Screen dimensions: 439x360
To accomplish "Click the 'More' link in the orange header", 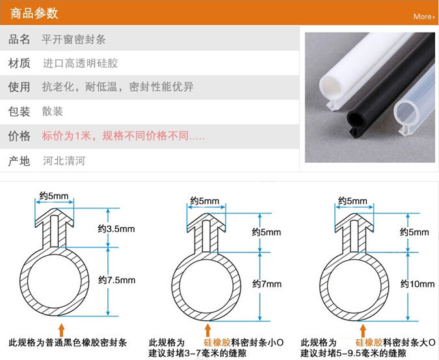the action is pyautogui.click(x=424, y=16).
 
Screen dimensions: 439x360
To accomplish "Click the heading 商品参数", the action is pyautogui.click(x=34, y=13).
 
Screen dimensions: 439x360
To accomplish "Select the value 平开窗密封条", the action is pyautogui.click(x=73, y=39).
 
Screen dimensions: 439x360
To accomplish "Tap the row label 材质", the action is pyautogui.click(x=19, y=63).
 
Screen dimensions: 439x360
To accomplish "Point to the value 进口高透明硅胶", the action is pyautogui.click(x=81, y=63).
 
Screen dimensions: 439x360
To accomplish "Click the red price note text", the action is pyautogui.click(x=123, y=136).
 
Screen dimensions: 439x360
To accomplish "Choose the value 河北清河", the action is pyautogui.click(x=64, y=161).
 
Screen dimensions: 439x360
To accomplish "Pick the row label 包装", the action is pyautogui.click(x=19, y=111).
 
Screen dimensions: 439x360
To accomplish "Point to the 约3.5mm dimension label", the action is pyautogui.click(x=116, y=229).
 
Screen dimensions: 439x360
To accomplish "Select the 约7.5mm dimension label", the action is pyautogui.click(x=117, y=280).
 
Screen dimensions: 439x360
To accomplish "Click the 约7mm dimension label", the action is pyautogui.click(x=267, y=284).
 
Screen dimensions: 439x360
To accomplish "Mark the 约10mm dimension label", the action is pyautogui.click(x=418, y=284).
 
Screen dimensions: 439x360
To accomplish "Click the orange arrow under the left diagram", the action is pyautogui.click(x=61, y=330).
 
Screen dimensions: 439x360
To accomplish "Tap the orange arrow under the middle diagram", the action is pyautogui.click(x=207, y=330).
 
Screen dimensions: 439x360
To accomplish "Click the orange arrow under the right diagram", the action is pyautogui.click(x=363, y=331).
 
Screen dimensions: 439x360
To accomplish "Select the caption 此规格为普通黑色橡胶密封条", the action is pyautogui.click(x=68, y=342).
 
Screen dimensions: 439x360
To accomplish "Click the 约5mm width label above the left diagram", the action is pyautogui.click(x=54, y=196).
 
